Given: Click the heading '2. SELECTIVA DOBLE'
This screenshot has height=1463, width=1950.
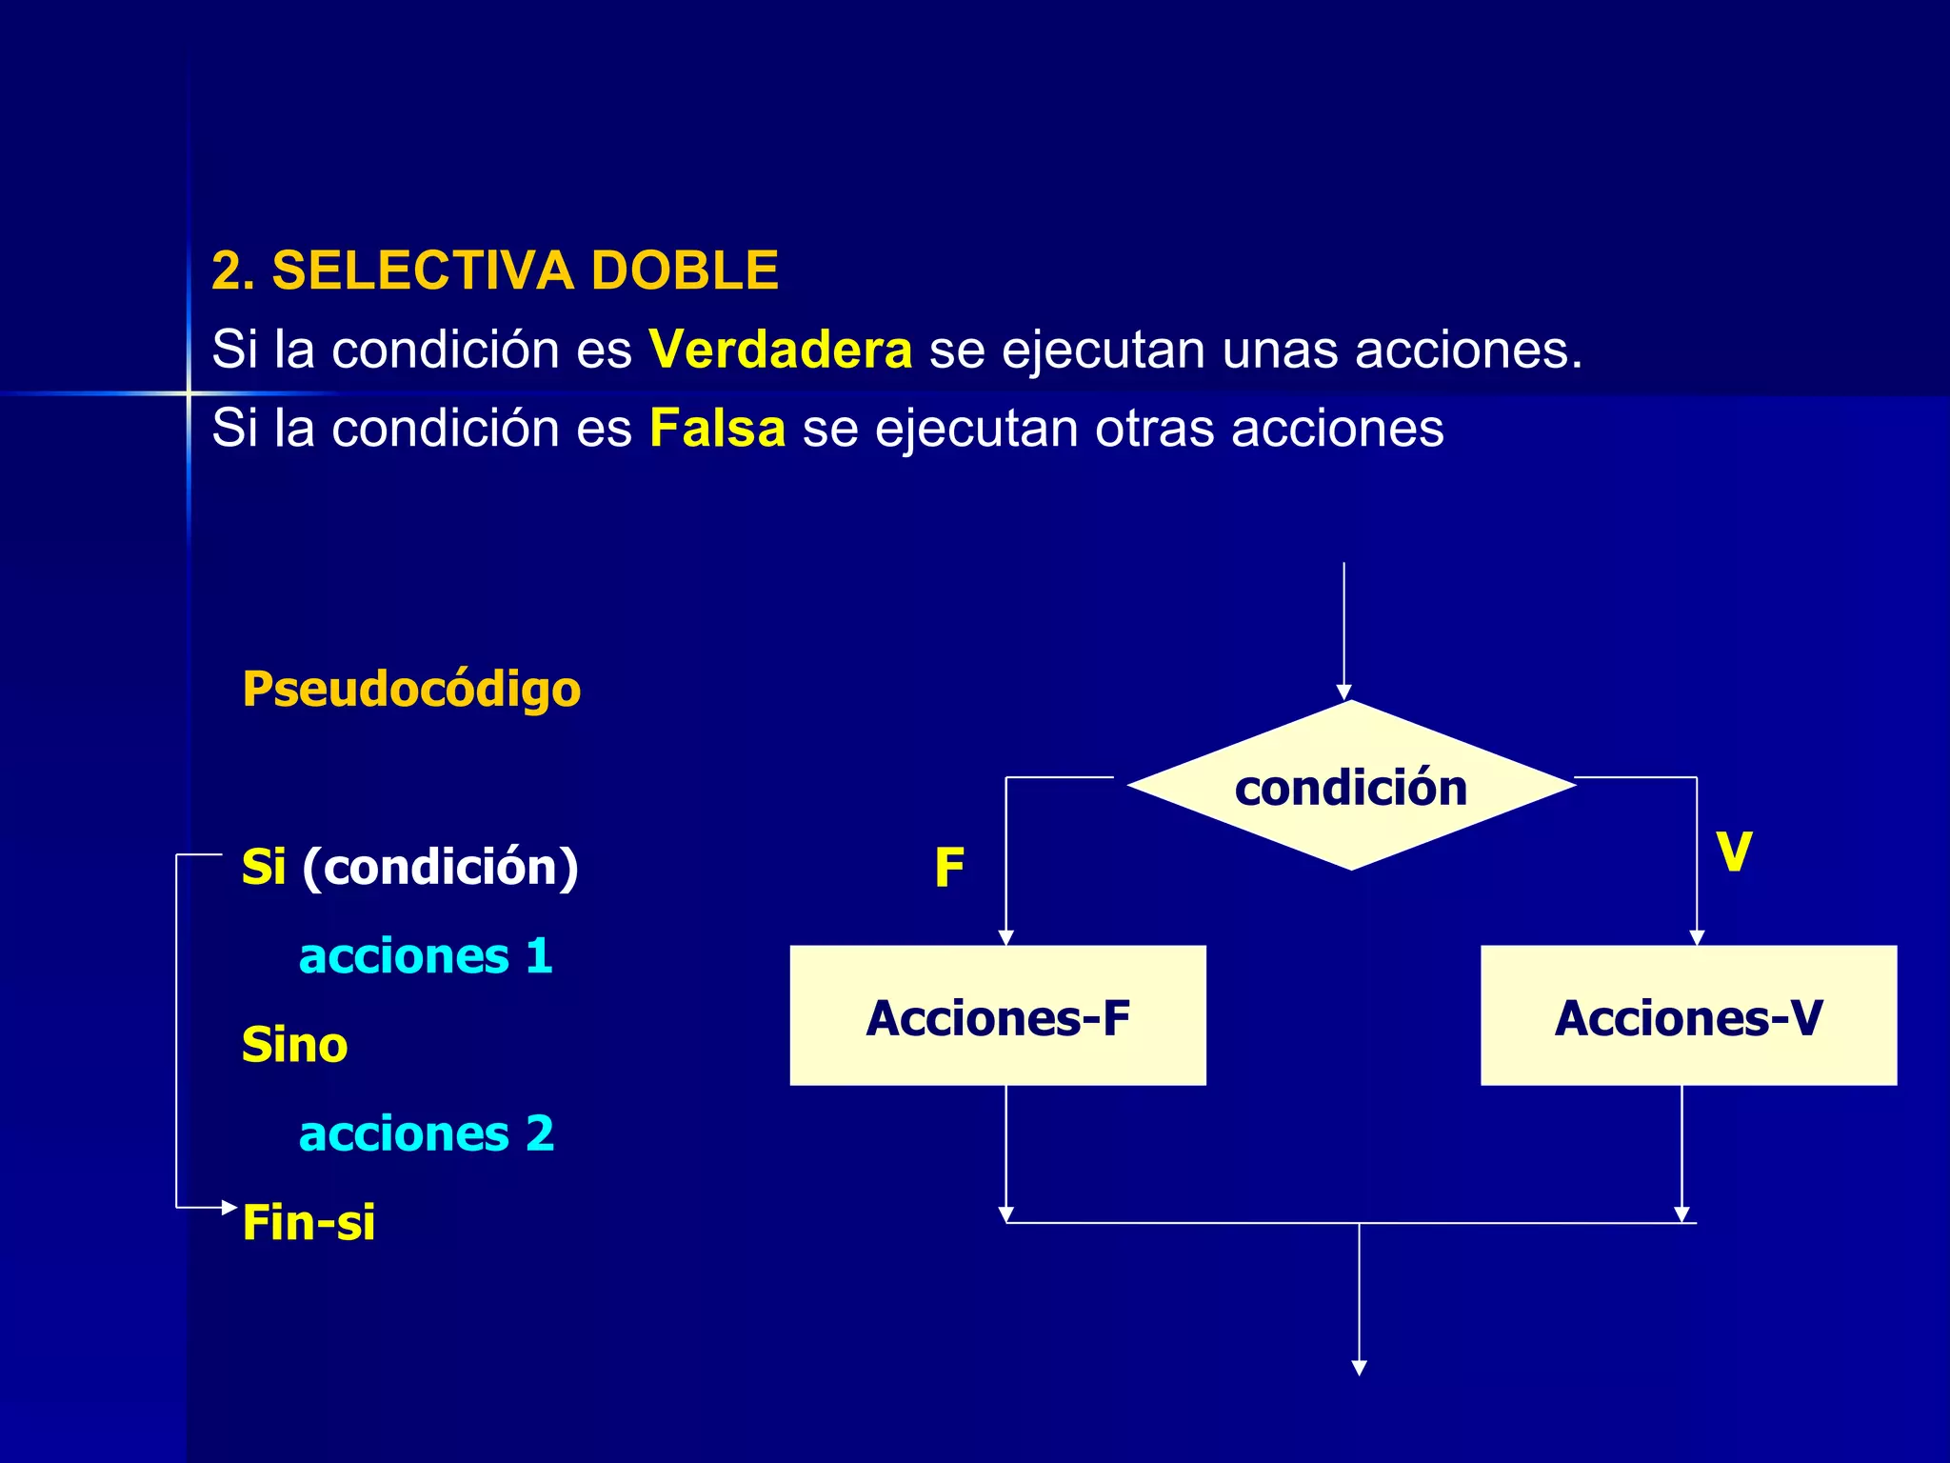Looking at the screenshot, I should (494, 271).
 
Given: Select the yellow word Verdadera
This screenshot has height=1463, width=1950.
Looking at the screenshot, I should (780, 350).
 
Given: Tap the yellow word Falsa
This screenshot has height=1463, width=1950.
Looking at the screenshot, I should (717, 429).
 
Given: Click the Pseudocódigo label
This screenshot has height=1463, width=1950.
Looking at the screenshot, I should (411, 689).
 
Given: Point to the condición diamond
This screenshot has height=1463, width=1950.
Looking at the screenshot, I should (1350, 787).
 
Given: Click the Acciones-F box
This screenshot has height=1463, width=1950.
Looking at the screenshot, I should (998, 1016).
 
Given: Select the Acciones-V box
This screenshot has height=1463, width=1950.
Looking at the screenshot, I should (1688, 1016).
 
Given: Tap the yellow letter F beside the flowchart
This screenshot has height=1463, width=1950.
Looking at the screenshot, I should (949, 868).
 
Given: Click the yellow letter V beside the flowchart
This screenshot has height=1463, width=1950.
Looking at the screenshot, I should (1734, 851).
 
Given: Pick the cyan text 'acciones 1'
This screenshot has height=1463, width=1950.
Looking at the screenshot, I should (426, 955).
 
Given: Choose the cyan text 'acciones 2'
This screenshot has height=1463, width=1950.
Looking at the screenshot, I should (426, 1133).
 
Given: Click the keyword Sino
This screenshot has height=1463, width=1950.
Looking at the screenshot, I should (294, 1045).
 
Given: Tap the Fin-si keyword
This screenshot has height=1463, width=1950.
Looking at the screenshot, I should (308, 1222).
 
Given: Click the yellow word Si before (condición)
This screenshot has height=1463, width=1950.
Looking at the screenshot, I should (263, 867).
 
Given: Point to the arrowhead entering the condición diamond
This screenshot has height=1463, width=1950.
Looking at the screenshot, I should (1343, 692).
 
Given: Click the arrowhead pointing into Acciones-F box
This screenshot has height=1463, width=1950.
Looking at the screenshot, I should (1005, 937).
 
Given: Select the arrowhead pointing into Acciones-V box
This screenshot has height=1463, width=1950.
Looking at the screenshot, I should (1697, 937).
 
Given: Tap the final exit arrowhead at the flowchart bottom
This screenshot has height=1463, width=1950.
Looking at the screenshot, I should (1360, 1368).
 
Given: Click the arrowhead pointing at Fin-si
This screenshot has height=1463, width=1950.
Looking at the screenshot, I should (229, 1208).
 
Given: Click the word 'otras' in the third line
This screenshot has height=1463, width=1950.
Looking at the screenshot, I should (1154, 429).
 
